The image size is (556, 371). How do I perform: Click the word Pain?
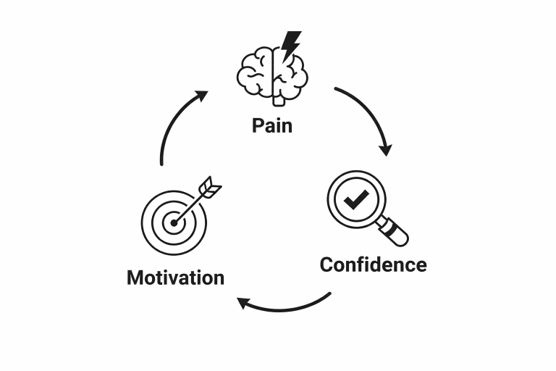(272, 125)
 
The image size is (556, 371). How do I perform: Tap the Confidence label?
(373, 264)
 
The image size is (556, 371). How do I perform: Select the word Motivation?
(175, 278)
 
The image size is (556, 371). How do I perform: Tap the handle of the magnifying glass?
(395, 233)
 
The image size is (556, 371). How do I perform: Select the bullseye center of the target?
(173, 223)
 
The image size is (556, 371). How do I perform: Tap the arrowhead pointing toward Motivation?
(245, 302)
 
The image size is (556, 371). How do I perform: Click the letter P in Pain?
(258, 125)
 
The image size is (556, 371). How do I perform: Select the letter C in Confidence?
(327, 264)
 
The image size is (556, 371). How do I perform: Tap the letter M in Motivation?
(135, 278)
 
